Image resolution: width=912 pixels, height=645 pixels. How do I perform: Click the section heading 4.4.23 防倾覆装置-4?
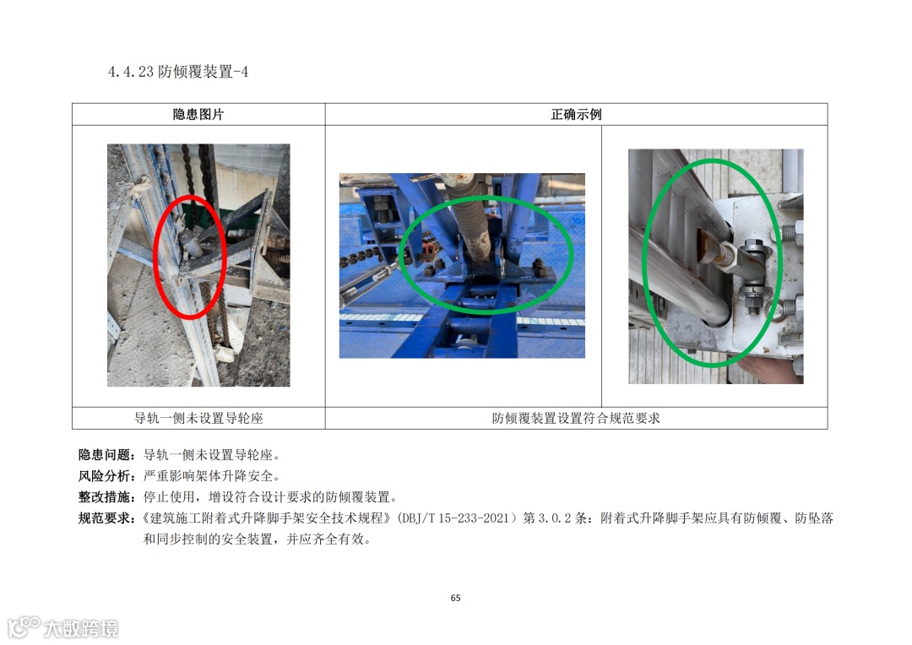click(x=178, y=72)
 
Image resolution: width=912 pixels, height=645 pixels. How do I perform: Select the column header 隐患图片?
click(x=198, y=114)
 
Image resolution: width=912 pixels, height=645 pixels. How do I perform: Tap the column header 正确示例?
click(x=576, y=114)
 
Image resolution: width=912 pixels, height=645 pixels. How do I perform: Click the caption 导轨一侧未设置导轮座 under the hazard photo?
click(x=198, y=418)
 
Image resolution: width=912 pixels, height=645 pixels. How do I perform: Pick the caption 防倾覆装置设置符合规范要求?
click(x=576, y=418)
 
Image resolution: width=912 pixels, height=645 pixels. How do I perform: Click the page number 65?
click(x=455, y=598)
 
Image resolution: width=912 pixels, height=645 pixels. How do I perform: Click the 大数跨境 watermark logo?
click(x=62, y=627)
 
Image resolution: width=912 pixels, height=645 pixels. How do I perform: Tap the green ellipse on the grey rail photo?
click(x=643, y=262)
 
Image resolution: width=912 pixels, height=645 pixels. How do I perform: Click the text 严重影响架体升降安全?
click(x=209, y=476)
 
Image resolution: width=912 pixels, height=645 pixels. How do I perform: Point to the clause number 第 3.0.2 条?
click(x=556, y=518)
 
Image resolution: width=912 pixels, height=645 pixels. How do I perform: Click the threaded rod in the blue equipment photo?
click(x=471, y=233)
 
